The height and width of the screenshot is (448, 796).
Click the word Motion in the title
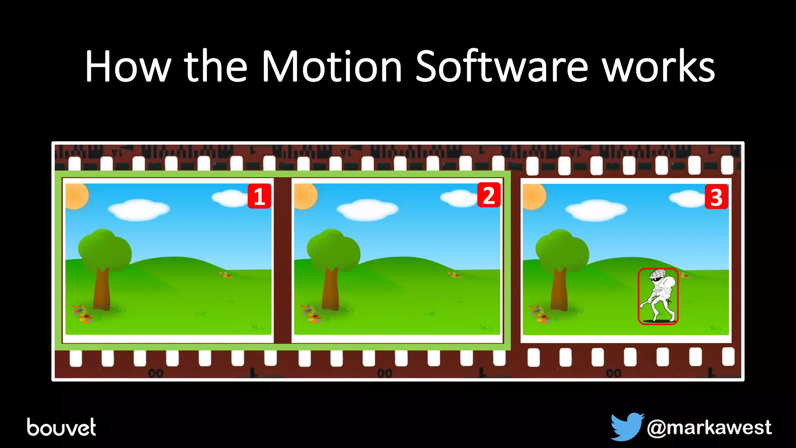(332, 67)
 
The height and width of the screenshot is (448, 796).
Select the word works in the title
(658, 67)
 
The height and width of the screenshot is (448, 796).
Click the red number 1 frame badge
(259, 196)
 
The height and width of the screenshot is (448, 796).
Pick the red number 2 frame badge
(489, 195)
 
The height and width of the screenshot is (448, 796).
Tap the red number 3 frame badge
(716, 197)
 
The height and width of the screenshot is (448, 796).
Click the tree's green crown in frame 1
(105, 249)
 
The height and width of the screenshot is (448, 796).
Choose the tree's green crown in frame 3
(562, 249)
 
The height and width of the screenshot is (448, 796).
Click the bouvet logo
(61, 427)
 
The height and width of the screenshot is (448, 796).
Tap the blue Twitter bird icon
(626, 426)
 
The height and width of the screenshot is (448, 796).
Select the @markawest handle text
(709, 428)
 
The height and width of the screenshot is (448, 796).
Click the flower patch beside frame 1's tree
(82, 314)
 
